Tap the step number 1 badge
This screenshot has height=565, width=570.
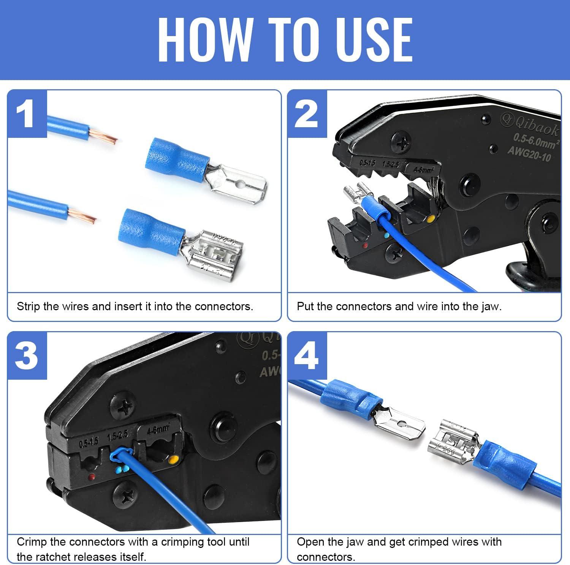pos(27,114)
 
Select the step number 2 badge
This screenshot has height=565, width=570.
pos(307,114)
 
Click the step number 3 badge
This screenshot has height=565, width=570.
pos(27,356)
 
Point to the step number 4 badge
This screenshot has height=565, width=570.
pos(307,356)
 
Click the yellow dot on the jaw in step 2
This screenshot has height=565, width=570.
pos(431,219)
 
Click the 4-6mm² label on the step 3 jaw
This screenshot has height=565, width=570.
pos(159,430)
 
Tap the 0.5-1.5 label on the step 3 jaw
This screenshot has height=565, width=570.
pos(89,442)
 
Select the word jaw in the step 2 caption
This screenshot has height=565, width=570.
pos(490,306)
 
